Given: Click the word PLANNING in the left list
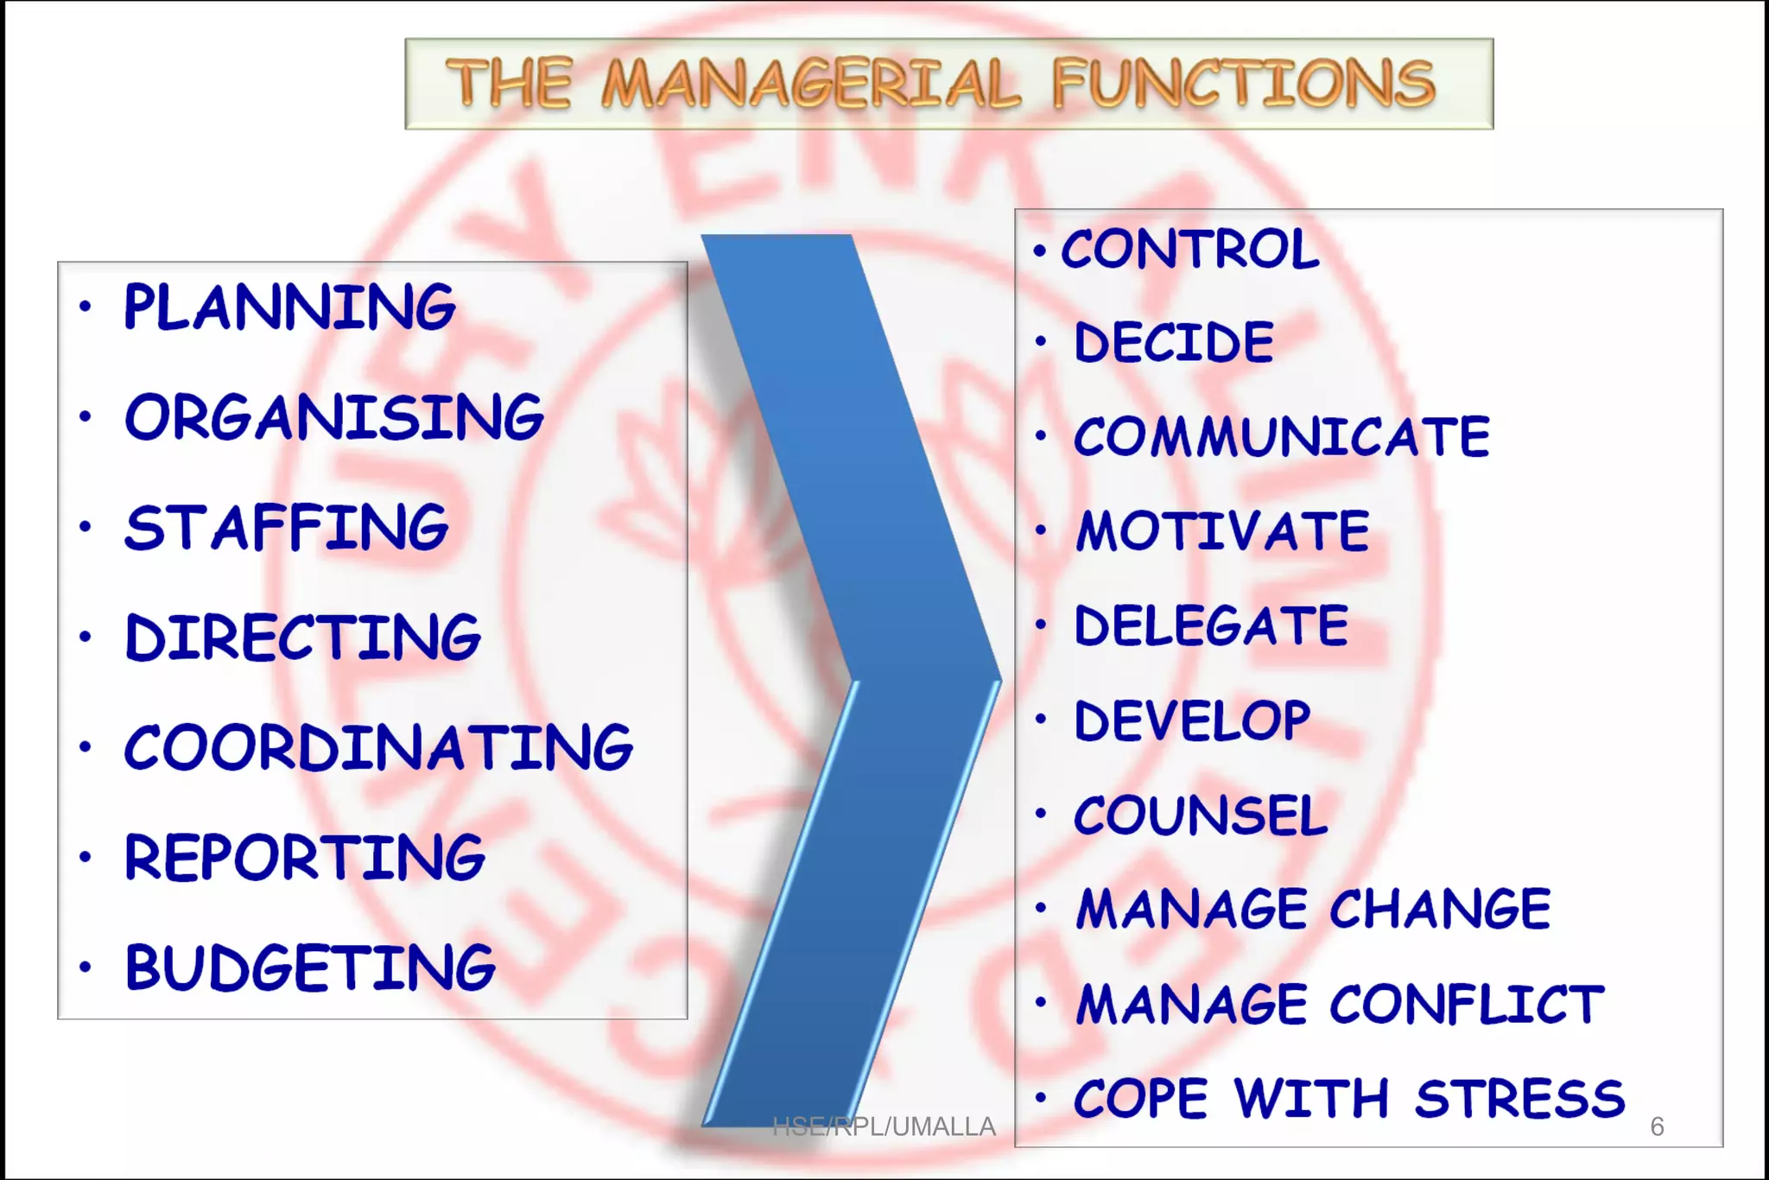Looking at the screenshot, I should tap(289, 308).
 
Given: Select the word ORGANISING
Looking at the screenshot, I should tap(334, 417).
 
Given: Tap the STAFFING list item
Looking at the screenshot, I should tap(286, 528).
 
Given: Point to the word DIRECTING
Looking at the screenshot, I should tap(302, 638).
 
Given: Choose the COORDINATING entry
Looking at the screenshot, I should tap(378, 748).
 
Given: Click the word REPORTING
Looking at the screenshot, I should tap(304, 858).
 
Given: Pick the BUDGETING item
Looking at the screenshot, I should tap(310, 967).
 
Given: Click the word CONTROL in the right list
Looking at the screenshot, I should tap(1189, 250).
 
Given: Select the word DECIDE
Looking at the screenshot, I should tap(1174, 342).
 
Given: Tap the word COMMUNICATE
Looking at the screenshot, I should tap(1282, 436).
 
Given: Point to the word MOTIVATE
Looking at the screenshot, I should tap(1222, 530).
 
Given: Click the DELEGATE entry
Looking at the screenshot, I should tap(1211, 625).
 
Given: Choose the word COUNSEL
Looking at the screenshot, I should tap(1201, 815).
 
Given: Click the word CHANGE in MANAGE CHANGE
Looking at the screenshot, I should tap(1440, 910).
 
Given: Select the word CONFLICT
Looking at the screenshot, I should tap(1467, 1005).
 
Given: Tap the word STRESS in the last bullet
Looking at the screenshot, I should tap(1520, 1099).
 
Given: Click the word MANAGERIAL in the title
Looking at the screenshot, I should tap(811, 85).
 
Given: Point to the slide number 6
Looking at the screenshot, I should tap(1657, 1126).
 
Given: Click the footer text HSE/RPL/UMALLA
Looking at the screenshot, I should tap(884, 1126).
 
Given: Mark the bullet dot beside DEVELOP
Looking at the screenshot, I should tap(1041, 719).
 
